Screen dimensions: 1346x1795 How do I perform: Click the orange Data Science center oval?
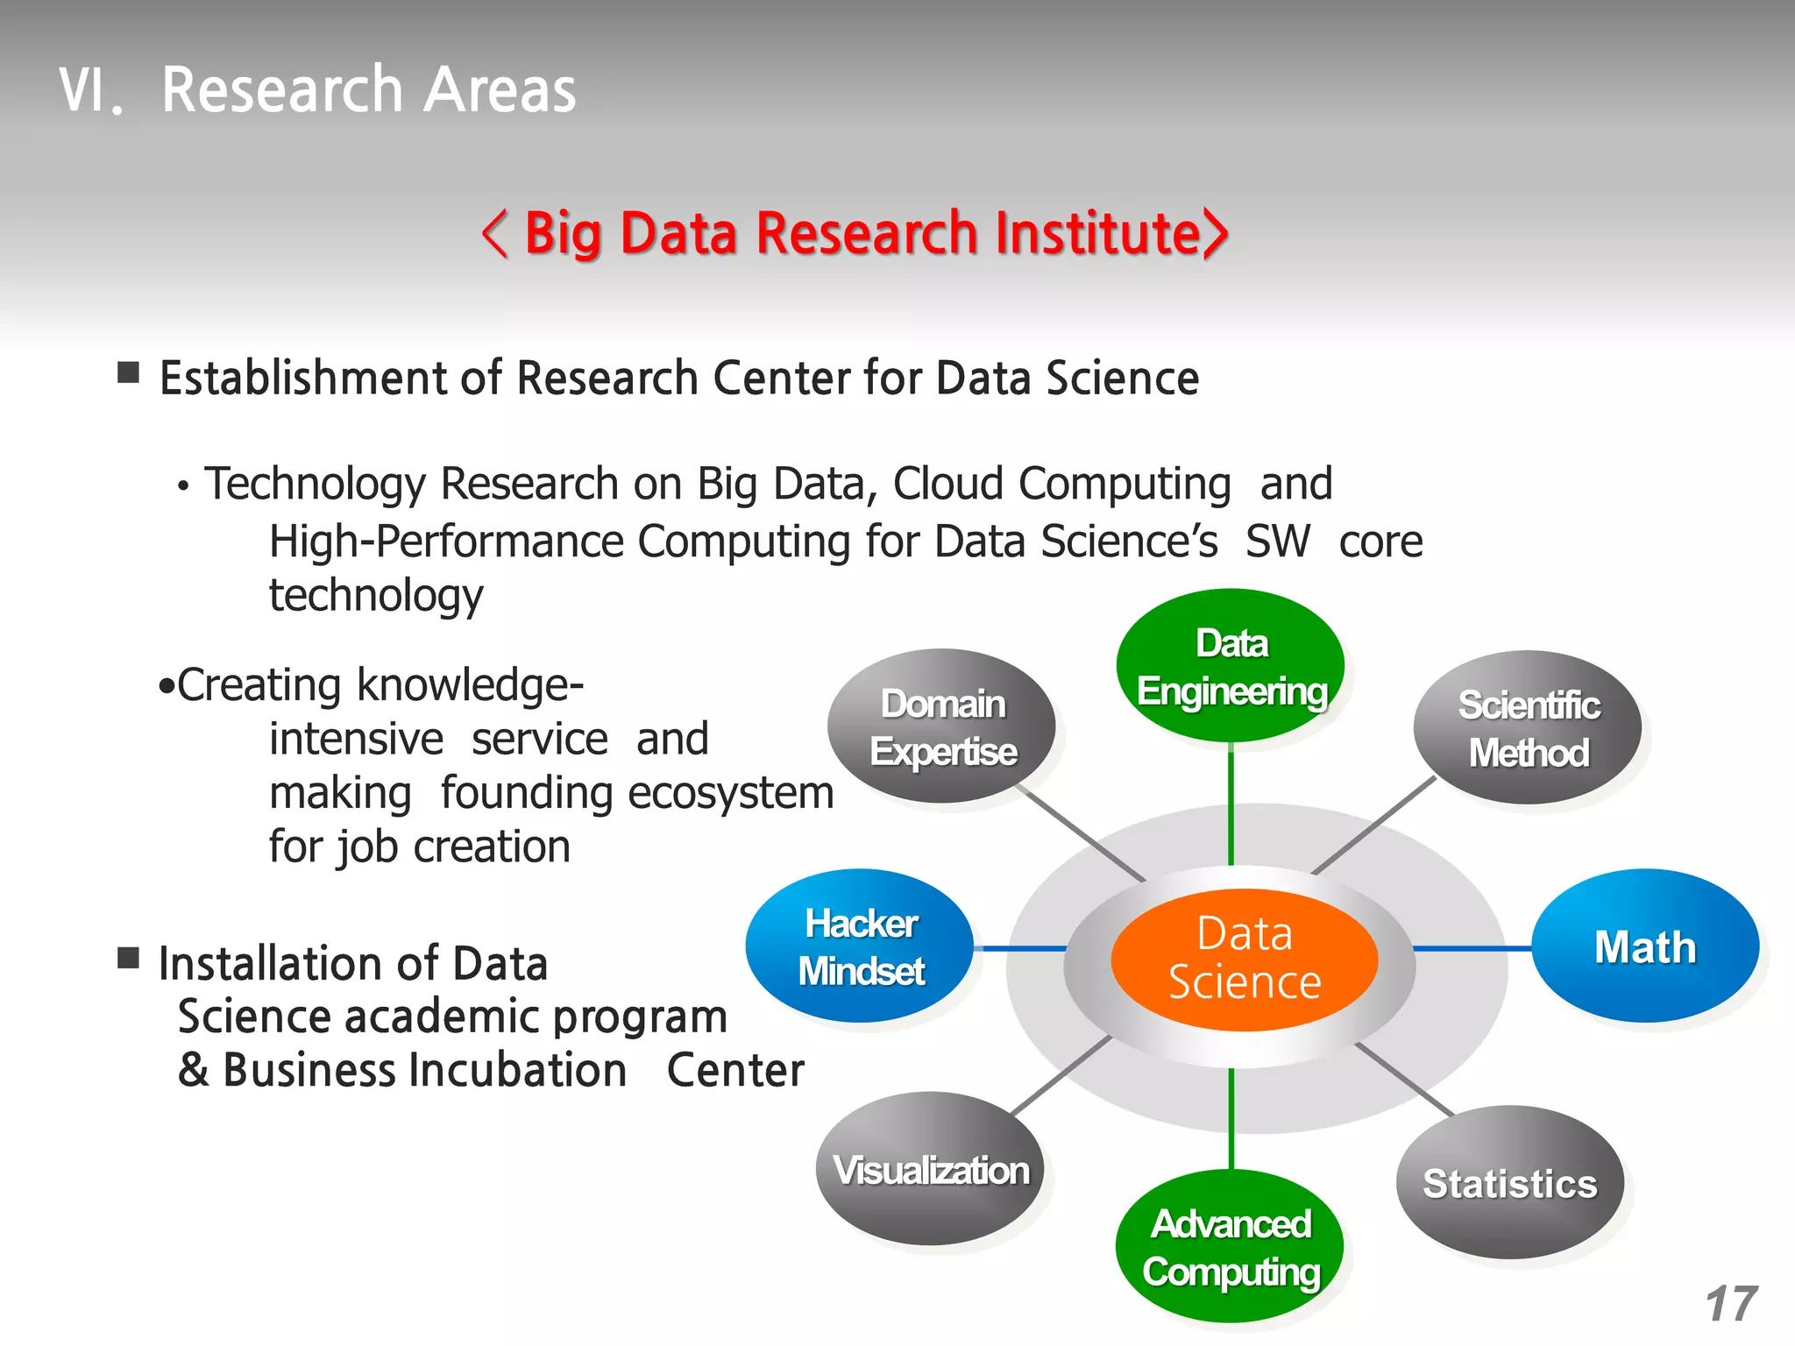pyautogui.click(x=1244, y=959)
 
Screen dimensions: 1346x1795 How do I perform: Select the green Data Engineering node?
pyautogui.click(x=1231, y=667)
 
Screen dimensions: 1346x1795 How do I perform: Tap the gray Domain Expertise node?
pyautogui.click(x=942, y=726)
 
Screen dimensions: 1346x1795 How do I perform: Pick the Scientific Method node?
pyautogui.click(x=1528, y=728)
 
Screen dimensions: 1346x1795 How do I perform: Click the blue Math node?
pyautogui.click(x=1645, y=946)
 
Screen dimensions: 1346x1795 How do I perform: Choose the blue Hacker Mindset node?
pyautogui.click(x=861, y=946)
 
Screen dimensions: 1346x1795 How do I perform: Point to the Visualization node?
pyautogui.click(x=931, y=1170)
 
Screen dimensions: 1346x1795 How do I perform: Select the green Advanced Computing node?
pyautogui.click(x=1231, y=1247)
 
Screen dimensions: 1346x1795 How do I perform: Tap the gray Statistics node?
pyautogui.click(x=1509, y=1183)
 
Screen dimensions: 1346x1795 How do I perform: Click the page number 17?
pyautogui.click(x=1731, y=1304)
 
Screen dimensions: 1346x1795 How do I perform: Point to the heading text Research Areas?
pyautogui.click(x=369, y=90)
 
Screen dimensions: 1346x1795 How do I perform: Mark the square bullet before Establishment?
pyautogui.click(x=129, y=373)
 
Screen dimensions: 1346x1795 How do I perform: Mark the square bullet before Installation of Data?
pyautogui.click(x=129, y=958)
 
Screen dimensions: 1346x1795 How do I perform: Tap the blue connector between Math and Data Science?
pyautogui.click(x=1472, y=948)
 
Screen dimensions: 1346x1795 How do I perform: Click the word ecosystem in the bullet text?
pyautogui.click(x=731, y=794)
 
